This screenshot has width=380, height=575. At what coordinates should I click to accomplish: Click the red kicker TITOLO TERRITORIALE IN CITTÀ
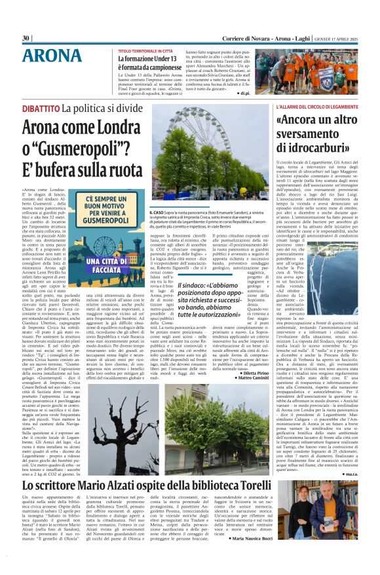145,50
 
